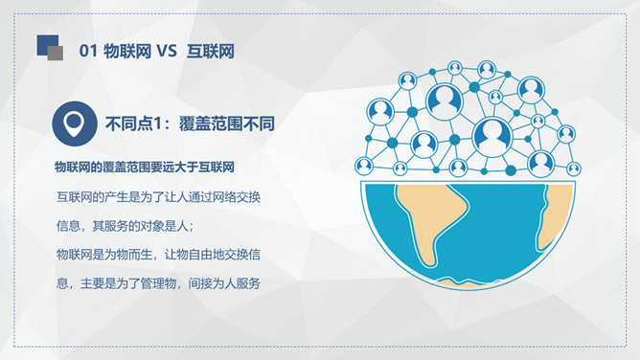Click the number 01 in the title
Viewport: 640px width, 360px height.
tap(88, 52)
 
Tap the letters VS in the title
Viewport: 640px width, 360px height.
tap(167, 52)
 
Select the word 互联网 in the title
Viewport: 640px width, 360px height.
tap(211, 52)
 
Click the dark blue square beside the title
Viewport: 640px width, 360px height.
tap(47, 45)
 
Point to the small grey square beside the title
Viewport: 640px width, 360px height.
tap(56, 54)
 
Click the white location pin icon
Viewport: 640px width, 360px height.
tap(75, 124)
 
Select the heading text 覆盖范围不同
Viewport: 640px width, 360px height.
tap(227, 124)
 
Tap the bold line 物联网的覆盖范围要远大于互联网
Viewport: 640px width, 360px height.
tap(145, 168)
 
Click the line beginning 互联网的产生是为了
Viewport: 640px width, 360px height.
tap(158, 197)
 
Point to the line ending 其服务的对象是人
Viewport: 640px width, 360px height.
tap(125, 226)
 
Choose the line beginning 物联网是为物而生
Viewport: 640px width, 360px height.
tap(158, 255)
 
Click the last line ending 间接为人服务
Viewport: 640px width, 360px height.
tap(158, 283)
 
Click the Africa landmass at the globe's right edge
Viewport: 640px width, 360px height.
tap(555, 216)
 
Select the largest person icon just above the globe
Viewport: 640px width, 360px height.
tap(492, 137)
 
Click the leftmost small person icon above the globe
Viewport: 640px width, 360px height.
tap(364, 166)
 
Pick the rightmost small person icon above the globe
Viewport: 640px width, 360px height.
tap(574, 169)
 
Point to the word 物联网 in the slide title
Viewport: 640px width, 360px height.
tap(127, 52)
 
